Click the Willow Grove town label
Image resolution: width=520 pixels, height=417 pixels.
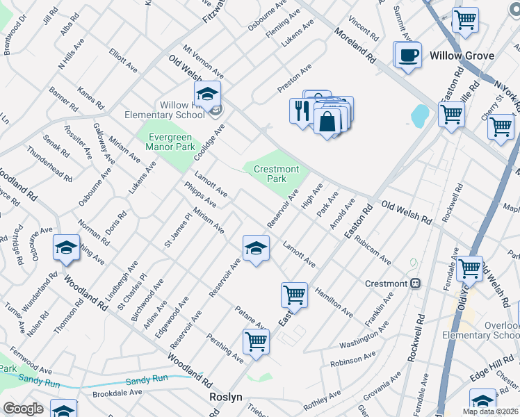[461, 56]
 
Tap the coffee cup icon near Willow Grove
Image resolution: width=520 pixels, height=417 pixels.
[407, 54]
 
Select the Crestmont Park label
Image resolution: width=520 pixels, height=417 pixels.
[276, 174]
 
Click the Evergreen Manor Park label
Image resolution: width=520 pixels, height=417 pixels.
[170, 142]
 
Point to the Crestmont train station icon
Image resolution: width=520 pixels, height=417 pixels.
[416, 284]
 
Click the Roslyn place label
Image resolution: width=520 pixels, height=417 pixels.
[225, 396]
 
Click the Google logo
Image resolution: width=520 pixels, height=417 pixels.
[23, 409]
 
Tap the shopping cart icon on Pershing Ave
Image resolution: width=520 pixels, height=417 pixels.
[256, 341]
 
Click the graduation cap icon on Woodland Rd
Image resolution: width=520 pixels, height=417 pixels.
[66, 247]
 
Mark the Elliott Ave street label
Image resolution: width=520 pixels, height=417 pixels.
[123, 60]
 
